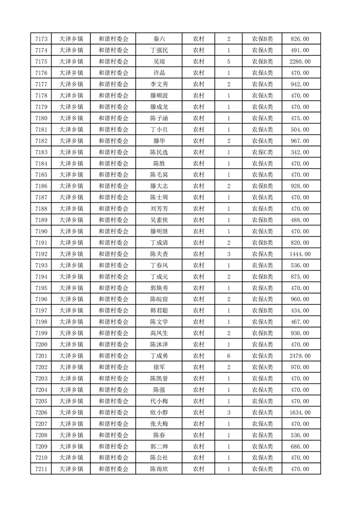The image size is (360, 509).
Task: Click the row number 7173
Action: pyautogui.click(x=41, y=39)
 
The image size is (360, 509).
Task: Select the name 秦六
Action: pyautogui.click(x=159, y=39)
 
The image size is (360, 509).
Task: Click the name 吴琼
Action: pyautogui.click(x=159, y=62)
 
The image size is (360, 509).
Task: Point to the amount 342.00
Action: pyautogui.click(x=300, y=152)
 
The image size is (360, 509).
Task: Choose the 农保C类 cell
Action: pyautogui.click(x=262, y=152)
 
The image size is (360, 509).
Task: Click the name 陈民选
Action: pyautogui.click(x=159, y=152)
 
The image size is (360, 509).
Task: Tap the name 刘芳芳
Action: pyautogui.click(x=159, y=209)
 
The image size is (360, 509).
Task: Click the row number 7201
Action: pyautogui.click(x=41, y=356)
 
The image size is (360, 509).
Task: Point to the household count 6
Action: pyautogui.click(x=228, y=356)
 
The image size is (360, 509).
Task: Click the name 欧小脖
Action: pyautogui.click(x=159, y=412)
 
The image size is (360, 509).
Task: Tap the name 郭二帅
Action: pyautogui.click(x=159, y=446)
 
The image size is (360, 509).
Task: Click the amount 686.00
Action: pyautogui.click(x=300, y=446)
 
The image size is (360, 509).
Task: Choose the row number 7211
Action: pyautogui.click(x=41, y=469)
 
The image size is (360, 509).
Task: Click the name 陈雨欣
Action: pyautogui.click(x=159, y=469)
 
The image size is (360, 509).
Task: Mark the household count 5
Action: pyautogui.click(x=228, y=62)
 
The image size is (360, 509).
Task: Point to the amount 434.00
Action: pyautogui.click(x=300, y=311)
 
